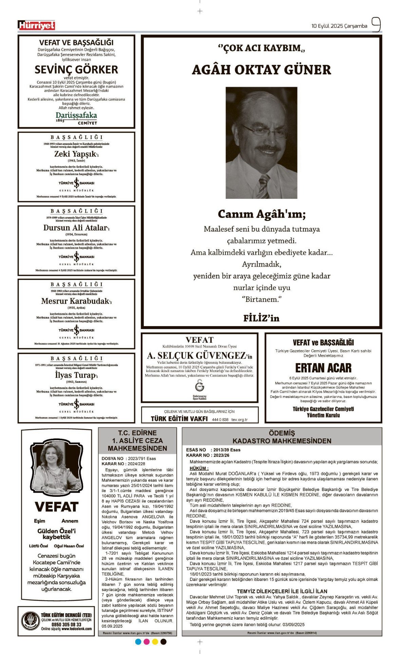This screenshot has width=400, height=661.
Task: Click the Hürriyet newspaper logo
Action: click(x=36, y=25)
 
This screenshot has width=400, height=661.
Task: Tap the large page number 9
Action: click(x=376, y=25)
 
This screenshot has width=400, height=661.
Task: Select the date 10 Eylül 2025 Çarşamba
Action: click(x=339, y=26)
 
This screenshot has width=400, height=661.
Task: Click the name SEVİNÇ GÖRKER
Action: click(x=76, y=70)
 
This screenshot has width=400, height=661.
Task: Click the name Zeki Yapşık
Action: click(x=76, y=154)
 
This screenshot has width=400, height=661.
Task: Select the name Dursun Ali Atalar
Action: click(x=76, y=228)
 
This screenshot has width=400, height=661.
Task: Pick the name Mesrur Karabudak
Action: click(x=76, y=301)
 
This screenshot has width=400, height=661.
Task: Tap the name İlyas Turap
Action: click(x=76, y=375)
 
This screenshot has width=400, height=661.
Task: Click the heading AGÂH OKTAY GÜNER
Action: click(x=261, y=70)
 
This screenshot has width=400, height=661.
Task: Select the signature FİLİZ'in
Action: click(x=261, y=318)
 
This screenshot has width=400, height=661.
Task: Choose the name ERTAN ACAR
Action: click(x=323, y=368)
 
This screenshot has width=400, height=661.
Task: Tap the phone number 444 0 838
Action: click(x=220, y=420)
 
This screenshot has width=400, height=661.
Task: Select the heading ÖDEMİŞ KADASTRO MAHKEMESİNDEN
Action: click(x=282, y=437)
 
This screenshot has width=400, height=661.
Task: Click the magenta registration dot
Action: click(x=147, y=642)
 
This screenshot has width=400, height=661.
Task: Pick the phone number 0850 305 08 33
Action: click(x=66, y=624)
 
